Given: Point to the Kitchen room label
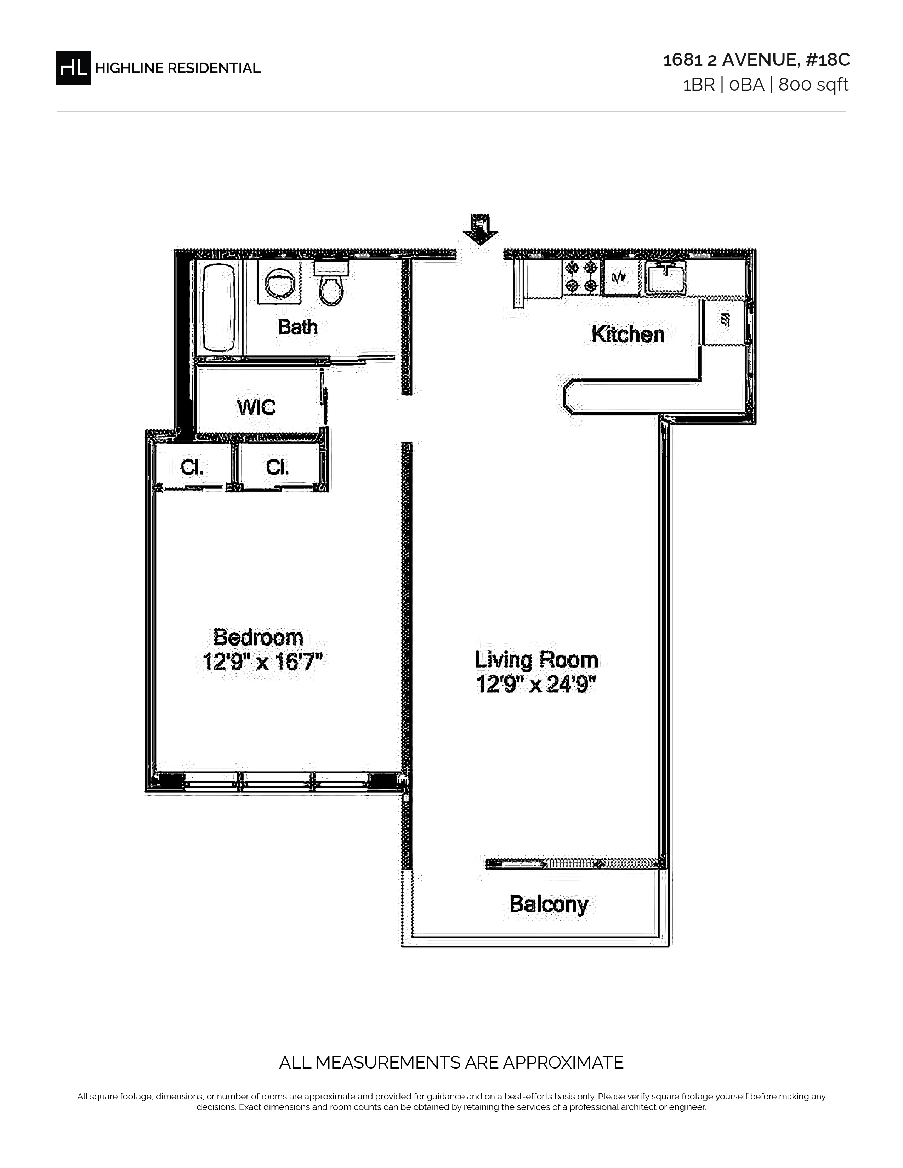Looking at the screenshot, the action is (628, 334).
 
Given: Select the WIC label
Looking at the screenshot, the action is (256, 407).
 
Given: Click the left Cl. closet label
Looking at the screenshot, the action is (192, 468).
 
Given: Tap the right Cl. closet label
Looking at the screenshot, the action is (278, 468).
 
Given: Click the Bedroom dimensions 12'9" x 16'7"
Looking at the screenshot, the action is (262, 662).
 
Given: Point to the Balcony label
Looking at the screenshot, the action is (549, 904).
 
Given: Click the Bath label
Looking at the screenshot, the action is (298, 326).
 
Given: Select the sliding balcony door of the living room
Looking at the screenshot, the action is (575, 863).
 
